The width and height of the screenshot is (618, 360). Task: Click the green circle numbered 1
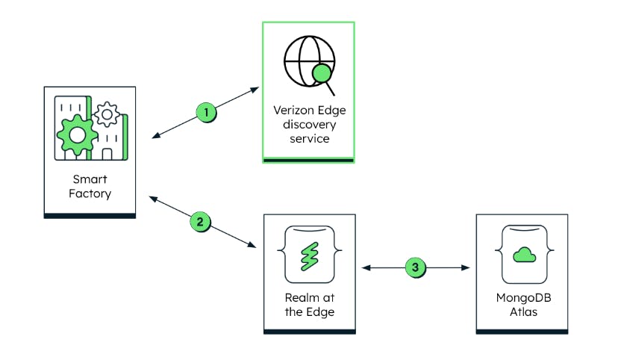point(207,113)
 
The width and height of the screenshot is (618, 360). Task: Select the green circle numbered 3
point(416,267)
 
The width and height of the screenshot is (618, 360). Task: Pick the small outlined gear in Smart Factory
point(107,114)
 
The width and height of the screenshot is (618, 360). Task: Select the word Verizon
point(291,111)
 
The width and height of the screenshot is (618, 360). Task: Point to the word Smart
point(90,179)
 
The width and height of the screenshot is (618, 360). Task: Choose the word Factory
point(90,193)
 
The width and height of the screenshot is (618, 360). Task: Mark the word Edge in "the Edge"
point(319,311)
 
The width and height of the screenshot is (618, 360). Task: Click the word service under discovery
point(308,139)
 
